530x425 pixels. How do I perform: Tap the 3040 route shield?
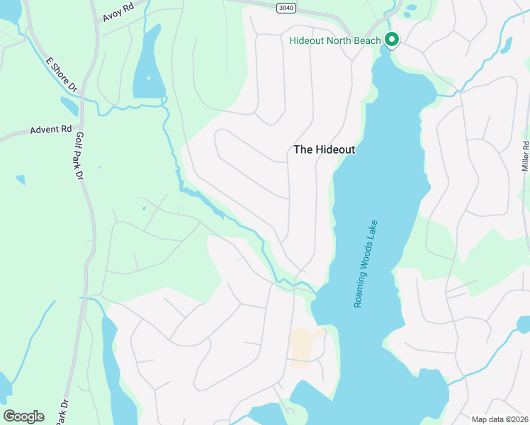pyautogui.click(x=285, y=6)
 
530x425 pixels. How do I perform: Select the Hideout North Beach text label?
pyautogui.click(x=335, y=40)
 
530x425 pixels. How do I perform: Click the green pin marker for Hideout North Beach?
pyautogui.click(x=391, y=40)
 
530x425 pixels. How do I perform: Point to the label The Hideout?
pyautogui.click(x=324, y=150)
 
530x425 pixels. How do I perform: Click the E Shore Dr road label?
pyautogui.click(x=61, y=74)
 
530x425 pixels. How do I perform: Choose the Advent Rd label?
pyautogui.click(x=51, y=130)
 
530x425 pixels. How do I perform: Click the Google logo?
pyautogui.click(x=23, y=416)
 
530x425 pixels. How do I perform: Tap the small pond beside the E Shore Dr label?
pyautogui.click(x=69, y=107)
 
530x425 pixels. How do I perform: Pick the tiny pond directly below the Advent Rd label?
pyautogui.click(x=21, y=180)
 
